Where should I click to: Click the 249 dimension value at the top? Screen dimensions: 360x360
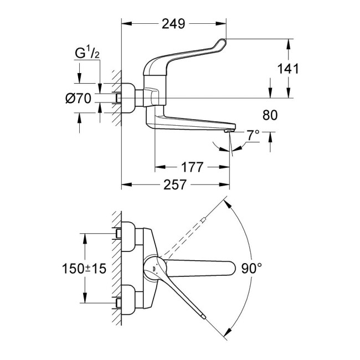point(173,24)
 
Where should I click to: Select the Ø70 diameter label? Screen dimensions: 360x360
point(78,99)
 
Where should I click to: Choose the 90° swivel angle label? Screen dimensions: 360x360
point(252,268)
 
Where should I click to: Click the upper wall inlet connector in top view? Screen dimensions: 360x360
point(127,233)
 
